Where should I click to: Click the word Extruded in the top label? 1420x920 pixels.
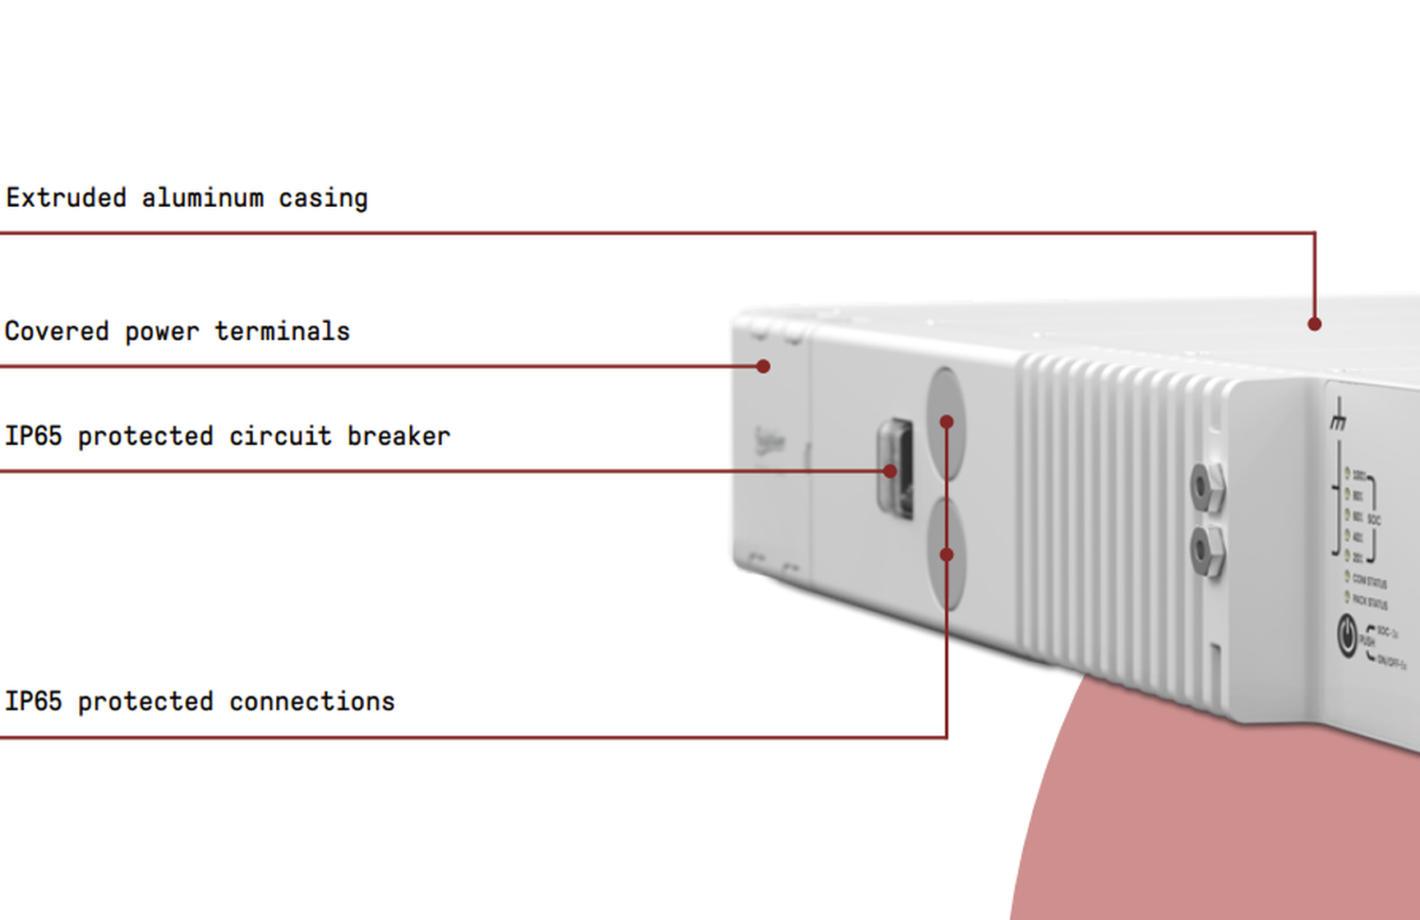pyautogui.click(x=66, y=198)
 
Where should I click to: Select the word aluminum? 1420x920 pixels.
pyautogui.click(x=202, y=198)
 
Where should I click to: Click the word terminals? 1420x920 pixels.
pyautogui.click(x=282, y=331)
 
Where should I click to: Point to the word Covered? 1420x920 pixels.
pyautogui.click(x=56, y=331)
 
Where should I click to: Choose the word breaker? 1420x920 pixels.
pyautogui.click(x=399, y=436)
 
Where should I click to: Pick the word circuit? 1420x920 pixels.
pyautogui.click(x=280, y=436)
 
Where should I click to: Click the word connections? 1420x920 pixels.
pyautogui.click(x=311, y=701)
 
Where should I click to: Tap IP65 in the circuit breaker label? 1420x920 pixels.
pyautogui.click(x=33, y=436)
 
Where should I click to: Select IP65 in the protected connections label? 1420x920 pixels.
pyautogui.click(x=33, y=701)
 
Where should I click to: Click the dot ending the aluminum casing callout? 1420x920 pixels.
pyautogui.click(x=1314, y=324)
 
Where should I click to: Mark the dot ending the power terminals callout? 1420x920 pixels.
pyautogui.click(x=763, y=366)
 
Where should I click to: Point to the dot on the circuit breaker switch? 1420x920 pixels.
pyautogui.click(x=890, y=471)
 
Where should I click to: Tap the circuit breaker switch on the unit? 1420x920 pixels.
pyautogui.click(x=896, y=468)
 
